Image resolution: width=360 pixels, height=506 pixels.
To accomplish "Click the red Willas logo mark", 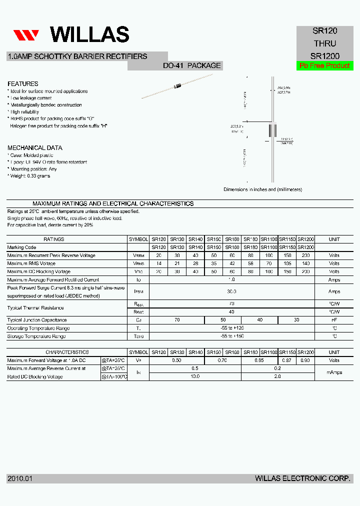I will coord(26,35).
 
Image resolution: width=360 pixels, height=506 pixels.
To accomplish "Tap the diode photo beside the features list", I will coord(177,86).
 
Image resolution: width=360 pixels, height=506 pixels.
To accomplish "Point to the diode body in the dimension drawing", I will coord(273,130).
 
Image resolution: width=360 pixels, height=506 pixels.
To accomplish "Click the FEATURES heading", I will coord(23,84).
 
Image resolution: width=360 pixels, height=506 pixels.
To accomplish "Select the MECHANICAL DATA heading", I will coord(35,148).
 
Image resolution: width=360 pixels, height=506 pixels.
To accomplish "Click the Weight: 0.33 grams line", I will coord(29,176).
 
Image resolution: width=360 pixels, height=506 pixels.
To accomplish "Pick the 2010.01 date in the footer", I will coord(20,478).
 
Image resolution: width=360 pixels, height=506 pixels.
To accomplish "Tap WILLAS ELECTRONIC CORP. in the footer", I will coord(302,478).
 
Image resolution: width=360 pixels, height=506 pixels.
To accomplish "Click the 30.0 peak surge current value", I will coord(231,291).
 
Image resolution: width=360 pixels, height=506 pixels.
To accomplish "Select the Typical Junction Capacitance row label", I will coord(37,320).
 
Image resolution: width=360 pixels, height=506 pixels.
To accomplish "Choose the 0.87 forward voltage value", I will coord(286,360).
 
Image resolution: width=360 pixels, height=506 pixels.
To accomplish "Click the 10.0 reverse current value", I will coord(195,376).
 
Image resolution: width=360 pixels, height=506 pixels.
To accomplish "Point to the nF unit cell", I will coord(334,320).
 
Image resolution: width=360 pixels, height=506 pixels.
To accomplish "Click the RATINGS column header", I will coord(53,239).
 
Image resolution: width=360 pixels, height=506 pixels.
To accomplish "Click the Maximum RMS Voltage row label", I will coord(31,263).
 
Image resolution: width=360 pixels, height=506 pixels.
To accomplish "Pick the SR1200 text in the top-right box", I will coord(325,56).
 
